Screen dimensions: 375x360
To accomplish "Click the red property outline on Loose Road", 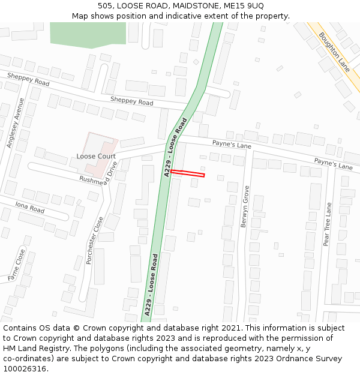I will [x=187, y=173].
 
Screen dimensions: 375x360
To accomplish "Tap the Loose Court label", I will [x=96, y=156].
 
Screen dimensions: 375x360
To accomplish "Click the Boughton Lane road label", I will [x=334, y=52].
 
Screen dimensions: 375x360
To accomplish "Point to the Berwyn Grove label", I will [x=245, y=206].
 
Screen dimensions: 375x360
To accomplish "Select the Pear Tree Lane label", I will [x=327, y=224].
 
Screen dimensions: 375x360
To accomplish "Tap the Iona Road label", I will [x=30, y=208].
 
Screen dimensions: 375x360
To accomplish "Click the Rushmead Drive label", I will [x=99, y=176].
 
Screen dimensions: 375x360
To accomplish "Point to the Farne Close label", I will [x=17, y=265].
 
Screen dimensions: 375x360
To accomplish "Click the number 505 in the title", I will [x=105, y=6].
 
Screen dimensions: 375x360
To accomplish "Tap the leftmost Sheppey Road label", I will [x=28, y=79].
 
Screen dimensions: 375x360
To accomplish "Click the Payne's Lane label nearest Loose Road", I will [x=232, y=145].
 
